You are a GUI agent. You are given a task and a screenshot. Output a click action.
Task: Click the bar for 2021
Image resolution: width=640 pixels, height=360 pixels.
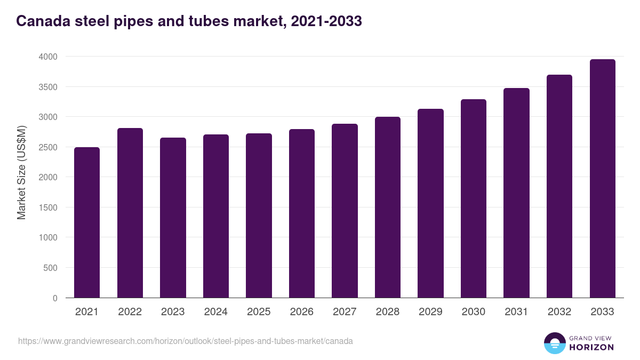[x=87, y=222]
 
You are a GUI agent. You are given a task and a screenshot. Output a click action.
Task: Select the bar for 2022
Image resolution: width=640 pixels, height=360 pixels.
[x=130, y=213]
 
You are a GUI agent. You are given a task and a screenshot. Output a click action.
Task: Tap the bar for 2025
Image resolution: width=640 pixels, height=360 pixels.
[x=259, y=215]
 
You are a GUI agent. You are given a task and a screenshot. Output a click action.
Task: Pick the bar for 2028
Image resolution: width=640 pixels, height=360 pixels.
[x=388, y=207]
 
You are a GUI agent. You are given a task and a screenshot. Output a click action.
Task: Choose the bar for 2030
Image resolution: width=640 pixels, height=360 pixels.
[x=474, y=198]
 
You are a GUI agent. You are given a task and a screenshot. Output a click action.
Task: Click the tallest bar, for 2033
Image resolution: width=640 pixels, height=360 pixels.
[x=602, y=179]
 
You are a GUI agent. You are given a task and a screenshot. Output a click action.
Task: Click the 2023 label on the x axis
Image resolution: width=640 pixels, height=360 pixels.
[x=173, y=312]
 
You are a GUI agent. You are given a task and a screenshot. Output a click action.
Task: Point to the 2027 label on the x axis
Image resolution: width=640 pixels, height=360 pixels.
[x=345, y=312]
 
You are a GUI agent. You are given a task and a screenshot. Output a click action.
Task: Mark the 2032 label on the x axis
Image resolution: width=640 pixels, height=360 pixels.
[x=559, y=312]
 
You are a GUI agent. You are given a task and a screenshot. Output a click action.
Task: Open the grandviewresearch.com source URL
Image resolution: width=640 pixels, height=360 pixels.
[x=186, y=341]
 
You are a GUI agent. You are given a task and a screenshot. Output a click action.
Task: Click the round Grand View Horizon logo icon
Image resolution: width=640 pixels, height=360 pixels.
[x=555, y=343]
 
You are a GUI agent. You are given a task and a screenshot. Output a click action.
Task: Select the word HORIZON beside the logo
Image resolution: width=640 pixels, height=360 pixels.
[x=591, y=347]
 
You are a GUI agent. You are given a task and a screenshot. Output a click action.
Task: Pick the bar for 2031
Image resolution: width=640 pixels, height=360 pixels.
[x=516, y=193]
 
